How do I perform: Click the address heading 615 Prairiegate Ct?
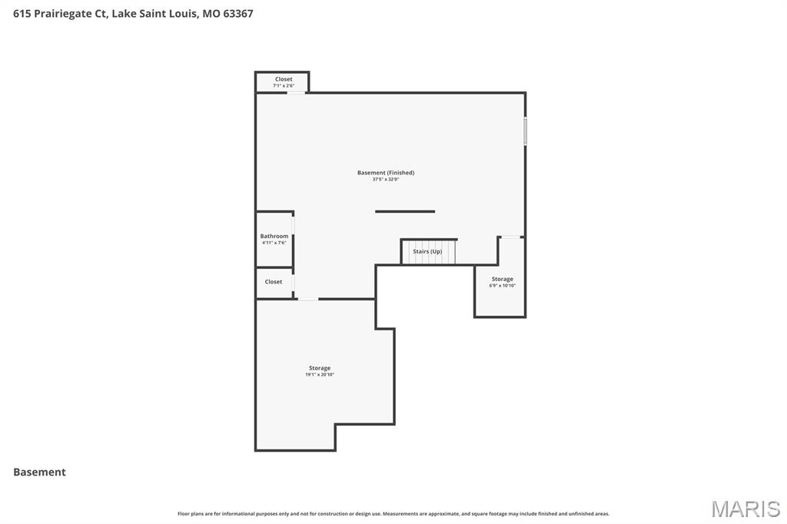click(x=133, y=13)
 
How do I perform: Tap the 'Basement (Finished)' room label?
click(x=386, y=173)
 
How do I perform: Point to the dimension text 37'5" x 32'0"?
click(x=386, y=180)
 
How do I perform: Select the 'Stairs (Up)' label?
click(x=427, y=251)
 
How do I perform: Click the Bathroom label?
click(x=274, y=236)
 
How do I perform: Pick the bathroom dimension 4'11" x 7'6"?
click(x=274, y=243)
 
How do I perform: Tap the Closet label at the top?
click(x=284, y=79)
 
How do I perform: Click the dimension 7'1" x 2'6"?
click(x=284, y=86)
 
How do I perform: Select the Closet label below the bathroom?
click(x=274, y=282)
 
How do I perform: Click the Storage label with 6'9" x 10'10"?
click(x=502, y=279)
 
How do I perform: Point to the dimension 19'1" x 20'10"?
click(x=320, y=375)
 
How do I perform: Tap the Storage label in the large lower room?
click(x=320, y=368)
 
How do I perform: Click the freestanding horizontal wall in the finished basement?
click(x=405, y=211)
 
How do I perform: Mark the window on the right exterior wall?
click(x=526, y=131)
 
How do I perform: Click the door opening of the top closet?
click(x=296, y=93)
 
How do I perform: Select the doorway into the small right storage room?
click(x=512, y=237)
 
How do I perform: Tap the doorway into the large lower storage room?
click(x=307, y=299)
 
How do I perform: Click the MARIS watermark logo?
click(x=745, y=509)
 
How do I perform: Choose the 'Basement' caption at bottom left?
click(x=39, y=472)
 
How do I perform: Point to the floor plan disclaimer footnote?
click(x=393, y=513)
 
